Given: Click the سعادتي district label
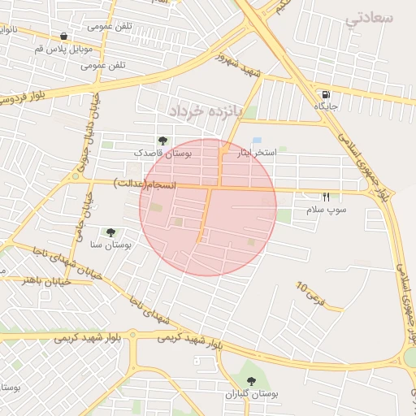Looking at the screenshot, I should [x=369, y=19].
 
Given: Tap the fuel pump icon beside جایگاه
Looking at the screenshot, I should [x=326, y=93].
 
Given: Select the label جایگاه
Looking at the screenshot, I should [x=326, y=106].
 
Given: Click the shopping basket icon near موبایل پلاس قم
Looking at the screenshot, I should [x=63, y=36].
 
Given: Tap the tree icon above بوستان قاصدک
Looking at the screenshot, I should [x=162, y=141].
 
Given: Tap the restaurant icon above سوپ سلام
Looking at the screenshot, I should [x=326, y=197].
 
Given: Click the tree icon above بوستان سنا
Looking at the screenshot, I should [x=110, y=232].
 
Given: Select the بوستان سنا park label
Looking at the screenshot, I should [x=111, y=245].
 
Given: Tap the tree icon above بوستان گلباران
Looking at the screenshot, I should [x=251, y=380].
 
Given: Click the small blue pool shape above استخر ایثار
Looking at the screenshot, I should [x=258, y=141].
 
